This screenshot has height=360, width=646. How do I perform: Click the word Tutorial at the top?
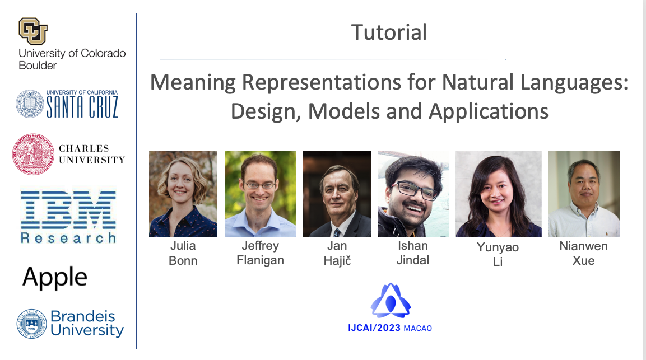pos(389,32)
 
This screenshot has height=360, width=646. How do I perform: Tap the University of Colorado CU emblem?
pos(33,31)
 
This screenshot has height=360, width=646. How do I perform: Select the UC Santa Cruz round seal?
pos(30,104)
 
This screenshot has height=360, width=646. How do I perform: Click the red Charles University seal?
pos(34,154)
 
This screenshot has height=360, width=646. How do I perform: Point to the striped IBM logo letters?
pos(68,209)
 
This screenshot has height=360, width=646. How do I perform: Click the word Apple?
pos(55,277)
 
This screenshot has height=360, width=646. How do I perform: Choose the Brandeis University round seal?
pos(32,324)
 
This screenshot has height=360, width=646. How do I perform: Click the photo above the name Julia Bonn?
pos(183,194)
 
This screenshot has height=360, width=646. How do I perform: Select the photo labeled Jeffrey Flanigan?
pos(261,194)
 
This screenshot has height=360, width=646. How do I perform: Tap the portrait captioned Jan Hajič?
pos(337,194)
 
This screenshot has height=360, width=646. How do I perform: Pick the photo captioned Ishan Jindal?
pos(413,194)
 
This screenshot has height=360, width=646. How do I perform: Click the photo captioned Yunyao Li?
pos(498,194)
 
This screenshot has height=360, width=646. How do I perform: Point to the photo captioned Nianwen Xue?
pos(584,194)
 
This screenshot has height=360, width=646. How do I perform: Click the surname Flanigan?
pos(261,261)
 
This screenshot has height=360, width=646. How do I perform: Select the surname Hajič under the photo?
pos(337,261)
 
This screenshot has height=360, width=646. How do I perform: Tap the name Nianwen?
pos(583,246)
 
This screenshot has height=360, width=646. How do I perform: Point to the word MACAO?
pos(418,328)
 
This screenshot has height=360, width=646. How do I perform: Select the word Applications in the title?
pos(489,111)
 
